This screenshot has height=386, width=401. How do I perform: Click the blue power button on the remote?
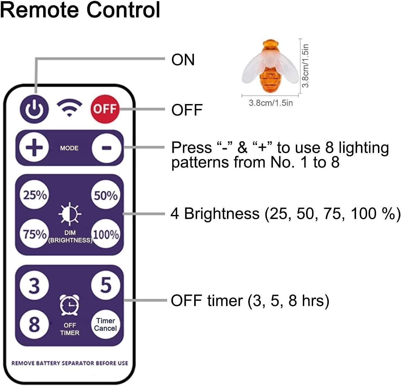(x=34, y=109)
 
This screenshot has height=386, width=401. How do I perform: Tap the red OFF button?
(x=105, y=109)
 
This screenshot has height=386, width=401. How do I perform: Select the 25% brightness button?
(x=35, y=195)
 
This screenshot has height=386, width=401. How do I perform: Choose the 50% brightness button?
(x=106, y=195)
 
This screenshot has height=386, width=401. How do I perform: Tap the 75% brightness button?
(x=35, y=234)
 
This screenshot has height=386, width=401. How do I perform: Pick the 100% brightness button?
(x=106, y=234)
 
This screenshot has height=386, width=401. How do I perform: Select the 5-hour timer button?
(x=106, y=285)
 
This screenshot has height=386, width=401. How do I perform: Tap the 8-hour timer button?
(x=34, y=324)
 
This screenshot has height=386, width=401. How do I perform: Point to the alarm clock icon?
(x=70, y=305)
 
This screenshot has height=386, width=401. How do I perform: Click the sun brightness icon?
(x=70, y=214)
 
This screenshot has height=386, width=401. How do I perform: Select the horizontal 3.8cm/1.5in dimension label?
(x=270, y=103)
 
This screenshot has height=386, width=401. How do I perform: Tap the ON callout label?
(x=183, y=60)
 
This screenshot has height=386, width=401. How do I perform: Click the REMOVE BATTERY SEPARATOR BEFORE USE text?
(x=70, y=363)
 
